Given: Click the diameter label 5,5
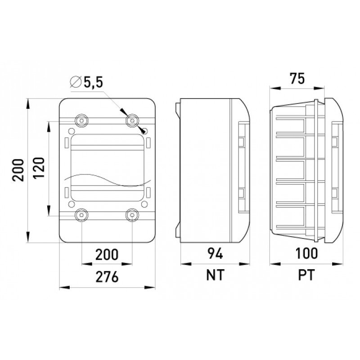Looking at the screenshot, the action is pyautogui.click(x=93, y=83).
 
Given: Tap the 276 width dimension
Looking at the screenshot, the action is pyautogui.click(x=107, y=277).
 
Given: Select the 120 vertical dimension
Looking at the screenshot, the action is pyautogui.click(x=38, y=168).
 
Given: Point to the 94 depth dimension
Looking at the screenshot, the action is pyautogui.click(x=215, y=254).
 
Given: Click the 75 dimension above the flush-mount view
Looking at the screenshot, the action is pyautogui.click(x=297, y=78).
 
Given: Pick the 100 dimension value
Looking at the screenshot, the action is pyautogui.click(x=306, y=253).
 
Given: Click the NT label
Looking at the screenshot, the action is pyautogui.click(x=215, y=275).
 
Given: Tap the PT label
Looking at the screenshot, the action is pyautogui.click(x=306, y=275).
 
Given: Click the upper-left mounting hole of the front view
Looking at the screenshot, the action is pyautogui.click(x=81, y=120).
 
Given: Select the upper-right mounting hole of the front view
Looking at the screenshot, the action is pyautogui.click(x=132, y=120).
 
